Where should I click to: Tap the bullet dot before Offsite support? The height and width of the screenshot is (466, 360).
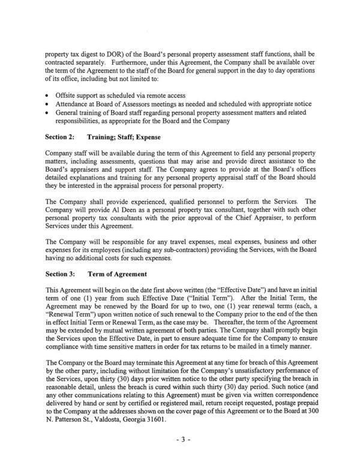pos(47,95)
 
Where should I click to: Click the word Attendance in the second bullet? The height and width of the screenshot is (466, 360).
pos(74,103)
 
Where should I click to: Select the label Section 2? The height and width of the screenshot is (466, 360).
pos(60,137)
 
